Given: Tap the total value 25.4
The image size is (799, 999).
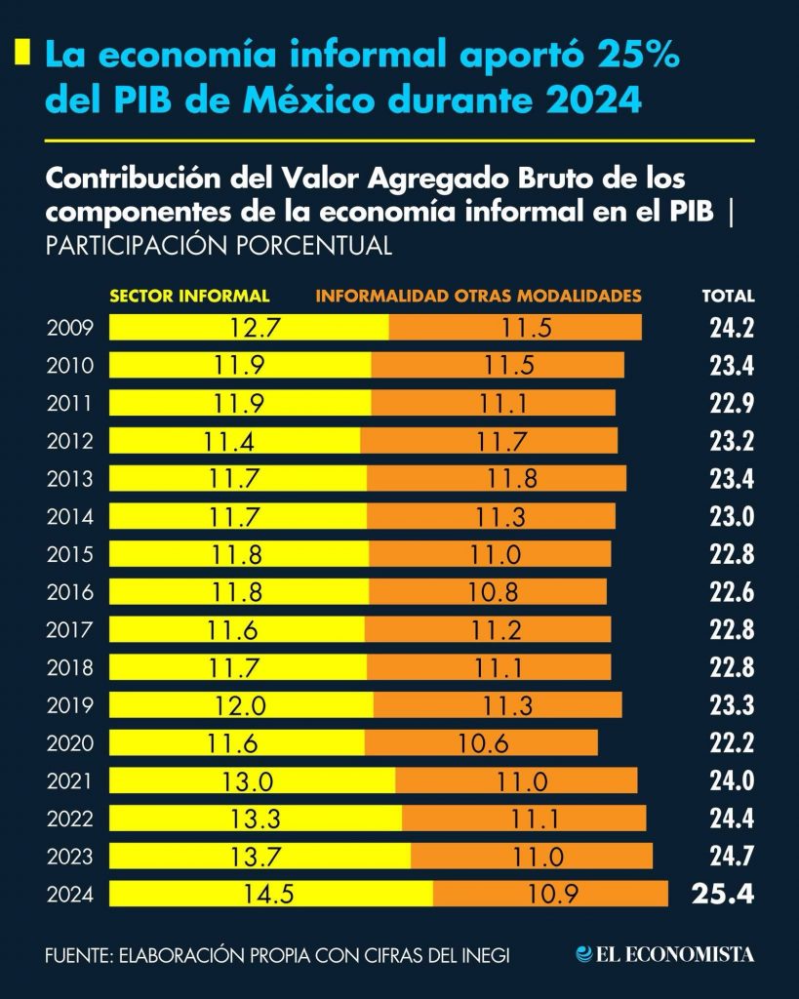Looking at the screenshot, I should [722, 894].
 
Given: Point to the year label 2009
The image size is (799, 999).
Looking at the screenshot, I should [70, 328].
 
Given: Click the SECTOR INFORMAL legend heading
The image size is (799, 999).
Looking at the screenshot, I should [189, 296].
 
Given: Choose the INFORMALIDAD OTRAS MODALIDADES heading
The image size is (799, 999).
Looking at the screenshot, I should [478, 296].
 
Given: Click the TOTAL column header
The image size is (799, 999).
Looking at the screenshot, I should [728, 297].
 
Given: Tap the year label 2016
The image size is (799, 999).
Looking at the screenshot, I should [70, 592].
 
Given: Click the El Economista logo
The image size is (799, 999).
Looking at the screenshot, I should [664, 954].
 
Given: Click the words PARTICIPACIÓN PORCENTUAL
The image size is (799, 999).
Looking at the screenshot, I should [219, 246].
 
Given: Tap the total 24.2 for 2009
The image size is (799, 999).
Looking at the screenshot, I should [732, 328].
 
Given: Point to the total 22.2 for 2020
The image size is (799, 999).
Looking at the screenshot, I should [732, 743].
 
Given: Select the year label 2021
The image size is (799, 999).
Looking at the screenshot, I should [70, 780].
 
